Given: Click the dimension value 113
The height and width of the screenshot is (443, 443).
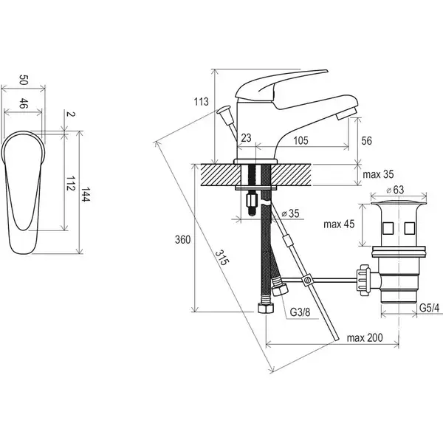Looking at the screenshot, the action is pos(201,101).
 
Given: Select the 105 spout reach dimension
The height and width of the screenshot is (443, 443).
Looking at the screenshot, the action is pos(301,140).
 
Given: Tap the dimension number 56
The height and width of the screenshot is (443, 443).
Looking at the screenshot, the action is pos(366,141).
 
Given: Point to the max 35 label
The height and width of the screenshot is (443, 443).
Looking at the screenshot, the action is pos(378,174).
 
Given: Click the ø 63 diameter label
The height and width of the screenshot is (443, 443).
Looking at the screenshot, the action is pos(396,190).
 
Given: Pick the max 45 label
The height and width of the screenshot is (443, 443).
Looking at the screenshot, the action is pos(339,224).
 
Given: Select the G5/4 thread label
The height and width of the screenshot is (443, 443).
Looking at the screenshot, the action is pos(429,308).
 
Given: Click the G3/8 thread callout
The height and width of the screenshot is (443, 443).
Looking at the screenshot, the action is pos(300,312).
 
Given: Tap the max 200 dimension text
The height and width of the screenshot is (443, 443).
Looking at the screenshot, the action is pos(365,337).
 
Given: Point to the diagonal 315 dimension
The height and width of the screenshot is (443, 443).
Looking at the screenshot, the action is pos(221,258).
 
